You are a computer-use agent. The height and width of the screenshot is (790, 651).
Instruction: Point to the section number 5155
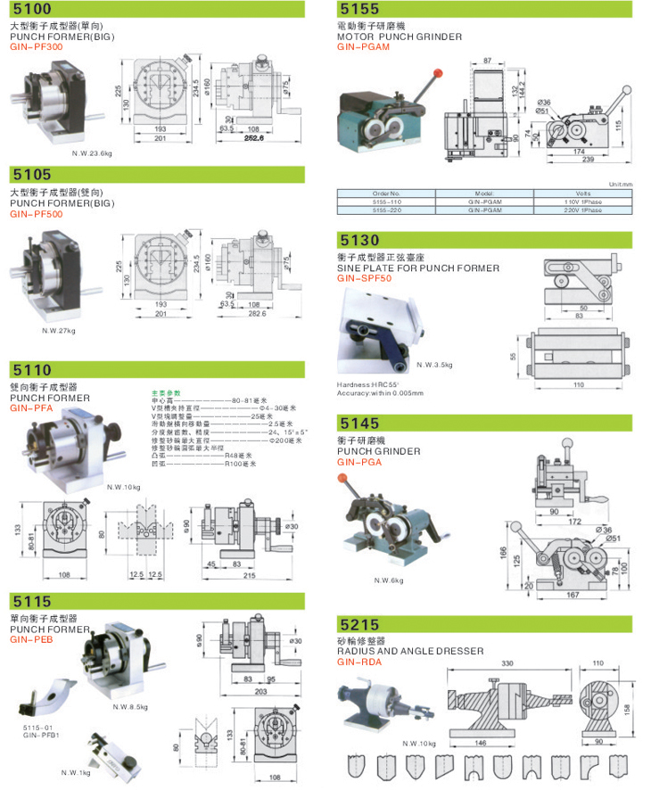tap(360, 10)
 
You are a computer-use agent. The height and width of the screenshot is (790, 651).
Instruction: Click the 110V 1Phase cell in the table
tap(582, 202)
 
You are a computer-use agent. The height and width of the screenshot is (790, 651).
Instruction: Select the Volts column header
tap(582, 193)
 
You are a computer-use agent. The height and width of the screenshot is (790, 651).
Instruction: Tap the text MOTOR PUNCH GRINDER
tap(400, 37)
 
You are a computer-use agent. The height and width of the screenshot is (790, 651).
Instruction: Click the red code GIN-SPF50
tap(364, 278)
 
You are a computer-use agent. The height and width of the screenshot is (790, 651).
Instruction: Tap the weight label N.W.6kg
tap(388, 580)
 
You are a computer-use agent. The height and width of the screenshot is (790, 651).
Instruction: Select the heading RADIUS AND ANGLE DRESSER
tap(409, 651)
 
